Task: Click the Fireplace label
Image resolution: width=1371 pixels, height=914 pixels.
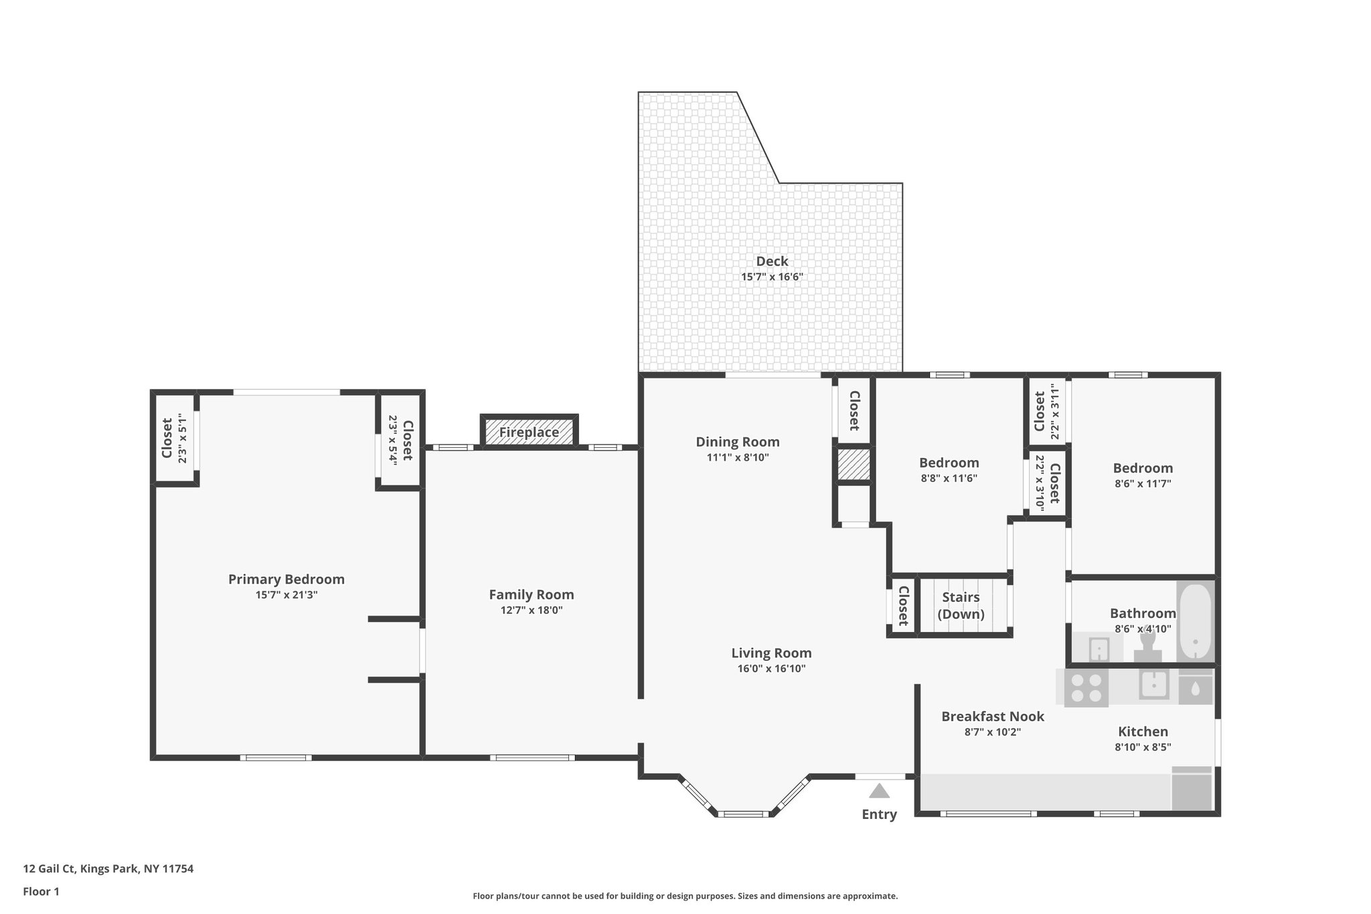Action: (529, 433)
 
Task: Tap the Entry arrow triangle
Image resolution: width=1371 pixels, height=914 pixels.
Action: (879, 791)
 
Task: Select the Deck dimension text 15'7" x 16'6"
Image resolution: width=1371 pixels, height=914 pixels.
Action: (772, 277)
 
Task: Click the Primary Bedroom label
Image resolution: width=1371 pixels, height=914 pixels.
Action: (286, 579)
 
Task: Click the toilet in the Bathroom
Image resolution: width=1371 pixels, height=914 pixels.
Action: (1147, 647)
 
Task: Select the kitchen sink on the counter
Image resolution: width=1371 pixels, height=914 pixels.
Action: (1154, 685)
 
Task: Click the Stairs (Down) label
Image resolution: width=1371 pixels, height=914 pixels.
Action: (961, 605)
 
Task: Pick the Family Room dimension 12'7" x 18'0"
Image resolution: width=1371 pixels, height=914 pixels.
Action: (531, 610)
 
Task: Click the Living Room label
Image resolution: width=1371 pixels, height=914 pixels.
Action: (771, 653)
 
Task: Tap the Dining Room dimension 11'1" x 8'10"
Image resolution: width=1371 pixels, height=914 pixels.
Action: (737, 457)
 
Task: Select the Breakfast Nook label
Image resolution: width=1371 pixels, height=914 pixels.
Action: (992, 716)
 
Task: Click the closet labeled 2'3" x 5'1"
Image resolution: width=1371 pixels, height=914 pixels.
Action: (174, 439)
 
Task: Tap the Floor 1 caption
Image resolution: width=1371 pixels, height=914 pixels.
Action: (41, 891)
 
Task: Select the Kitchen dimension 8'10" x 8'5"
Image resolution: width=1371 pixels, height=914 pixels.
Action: (1142, 747)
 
